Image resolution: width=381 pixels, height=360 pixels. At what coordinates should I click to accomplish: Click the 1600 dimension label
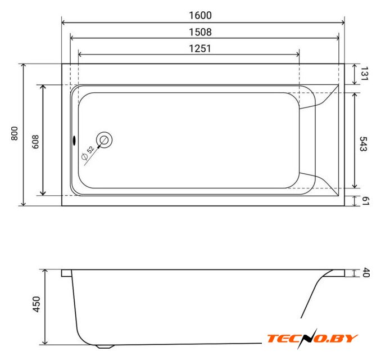pos(200,15)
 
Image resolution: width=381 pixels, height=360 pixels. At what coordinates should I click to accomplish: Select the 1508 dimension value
pos(200,32)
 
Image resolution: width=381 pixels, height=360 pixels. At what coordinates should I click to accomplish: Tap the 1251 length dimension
pos(199,48)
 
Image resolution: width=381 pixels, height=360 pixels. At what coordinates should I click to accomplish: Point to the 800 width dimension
pos(15,133)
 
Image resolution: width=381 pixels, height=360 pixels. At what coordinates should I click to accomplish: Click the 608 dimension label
pos(35,142)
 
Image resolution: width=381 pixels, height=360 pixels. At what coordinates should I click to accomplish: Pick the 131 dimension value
pos(364,74)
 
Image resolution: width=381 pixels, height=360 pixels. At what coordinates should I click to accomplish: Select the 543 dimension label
pos(363,144)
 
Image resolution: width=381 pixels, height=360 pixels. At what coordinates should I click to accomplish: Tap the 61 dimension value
pos(366,201)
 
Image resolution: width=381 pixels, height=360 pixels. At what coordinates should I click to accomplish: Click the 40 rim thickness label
pos(366,272)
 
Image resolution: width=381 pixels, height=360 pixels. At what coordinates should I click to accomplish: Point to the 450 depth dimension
pos(37,304)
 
